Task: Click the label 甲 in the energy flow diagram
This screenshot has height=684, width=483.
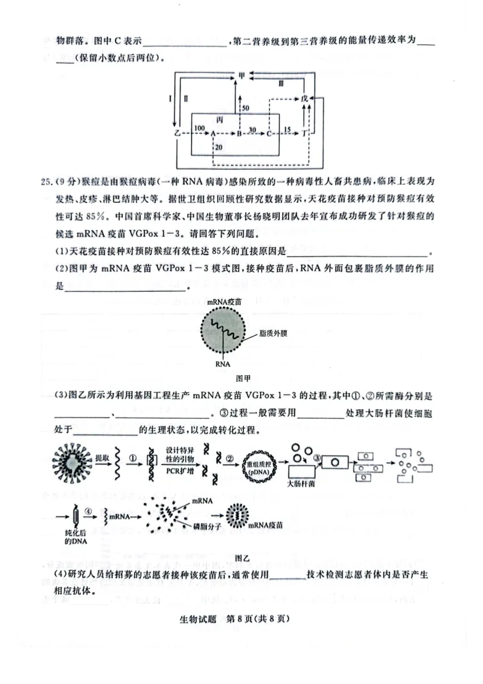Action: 242,76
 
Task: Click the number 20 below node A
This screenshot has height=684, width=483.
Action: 218,147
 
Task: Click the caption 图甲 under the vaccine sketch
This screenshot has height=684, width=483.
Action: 242,378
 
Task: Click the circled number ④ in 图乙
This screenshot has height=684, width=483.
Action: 89,509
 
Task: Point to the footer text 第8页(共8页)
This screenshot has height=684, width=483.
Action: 263,618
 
